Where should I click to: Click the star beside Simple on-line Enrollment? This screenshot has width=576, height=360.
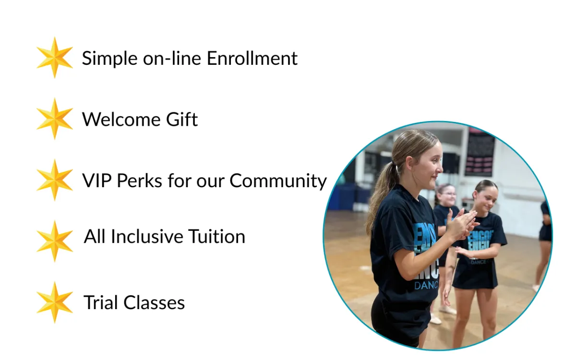coord(55,58)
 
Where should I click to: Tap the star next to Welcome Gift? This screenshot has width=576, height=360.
coord(55,119)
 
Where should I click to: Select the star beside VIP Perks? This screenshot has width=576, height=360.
coord(55,180)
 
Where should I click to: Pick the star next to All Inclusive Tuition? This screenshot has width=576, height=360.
coord(55,241)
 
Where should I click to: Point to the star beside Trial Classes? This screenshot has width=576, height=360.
coord(55,302)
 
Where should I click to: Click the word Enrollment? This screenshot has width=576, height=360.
coord(252,59)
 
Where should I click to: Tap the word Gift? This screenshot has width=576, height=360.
coord(182,119)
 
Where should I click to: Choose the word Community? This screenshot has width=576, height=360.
coord(278,180)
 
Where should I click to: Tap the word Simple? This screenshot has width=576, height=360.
coord(110,59)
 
